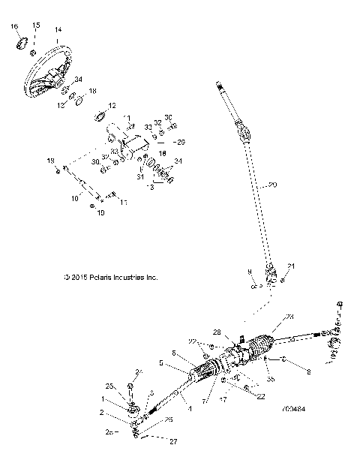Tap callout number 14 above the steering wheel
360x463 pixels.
[x=58, y=30]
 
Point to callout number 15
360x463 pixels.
[x=34, y=26]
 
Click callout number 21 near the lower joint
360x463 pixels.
[x=292, y=267]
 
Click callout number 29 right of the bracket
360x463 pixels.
[x=179, y=141]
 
